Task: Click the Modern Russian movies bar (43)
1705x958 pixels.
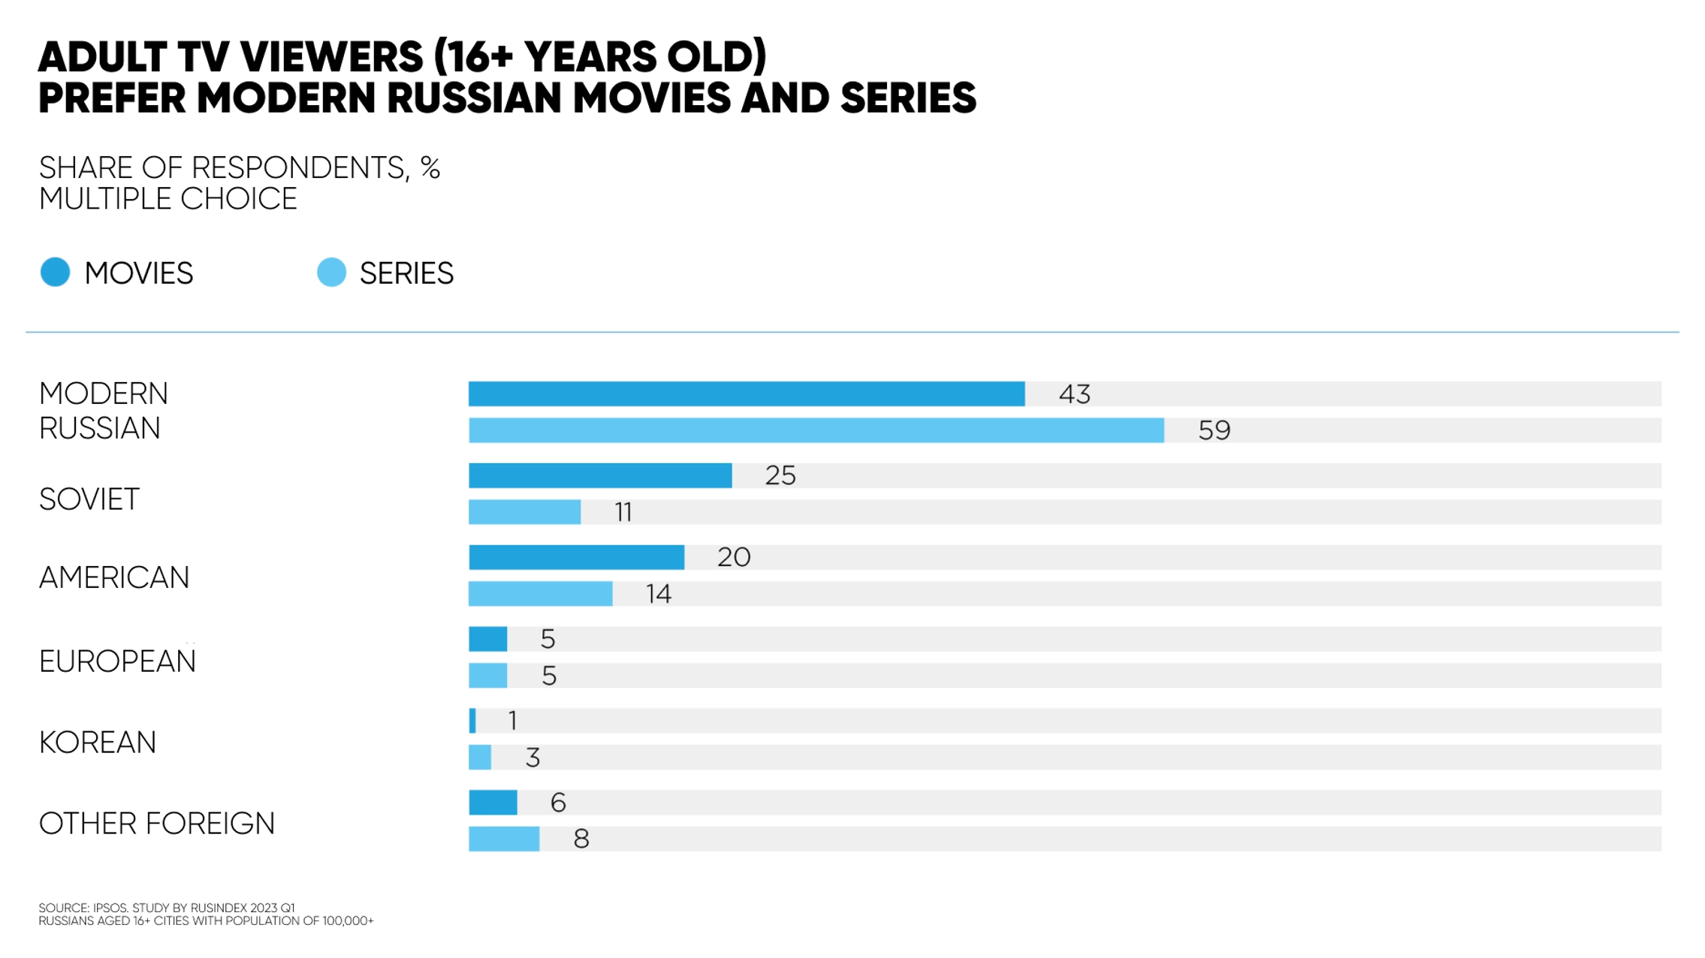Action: [746, 394]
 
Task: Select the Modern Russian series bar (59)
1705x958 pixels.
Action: [816, 430]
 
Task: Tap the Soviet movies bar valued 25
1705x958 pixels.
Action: [600, 475]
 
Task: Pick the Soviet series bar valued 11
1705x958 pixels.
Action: [524, 512]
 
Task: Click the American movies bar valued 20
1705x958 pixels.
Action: [576, 557]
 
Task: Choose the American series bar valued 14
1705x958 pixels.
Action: [540, 594]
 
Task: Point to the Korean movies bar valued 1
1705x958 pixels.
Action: [472, 721]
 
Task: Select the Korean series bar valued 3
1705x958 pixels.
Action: [480, 758]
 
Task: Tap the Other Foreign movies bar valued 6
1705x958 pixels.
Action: [493, 803]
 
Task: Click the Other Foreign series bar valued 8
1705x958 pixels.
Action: [504, 839]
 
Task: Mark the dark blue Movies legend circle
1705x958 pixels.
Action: [55, 272]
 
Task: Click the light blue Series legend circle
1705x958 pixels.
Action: [331, 272]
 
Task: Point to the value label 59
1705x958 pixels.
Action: [1214, 430]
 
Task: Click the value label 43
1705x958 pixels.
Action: [1074, 394]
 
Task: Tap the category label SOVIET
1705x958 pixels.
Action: [89, 499]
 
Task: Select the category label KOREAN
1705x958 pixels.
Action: [98, 743]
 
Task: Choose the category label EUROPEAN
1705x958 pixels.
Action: [117, 661]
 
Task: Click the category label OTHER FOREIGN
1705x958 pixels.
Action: [157, 824]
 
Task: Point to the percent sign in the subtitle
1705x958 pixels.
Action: [430, 167]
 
